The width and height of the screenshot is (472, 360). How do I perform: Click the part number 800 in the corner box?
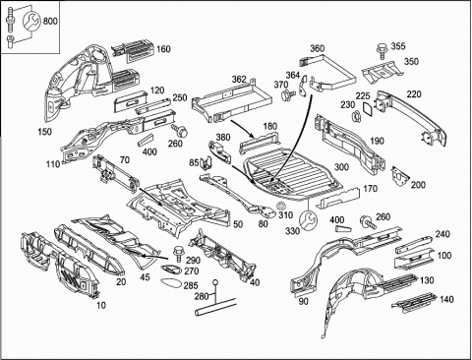click(x=50, y=22)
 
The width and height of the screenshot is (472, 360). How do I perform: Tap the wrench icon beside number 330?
click(x=309, y=220)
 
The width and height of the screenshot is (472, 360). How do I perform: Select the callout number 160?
click(x=163, y=49)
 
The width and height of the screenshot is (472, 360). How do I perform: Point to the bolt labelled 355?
click(x=382, y=50)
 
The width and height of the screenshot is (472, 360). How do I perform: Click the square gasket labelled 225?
click(x=368, y=109)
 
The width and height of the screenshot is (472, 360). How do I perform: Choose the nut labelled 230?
click(x=356, y=117)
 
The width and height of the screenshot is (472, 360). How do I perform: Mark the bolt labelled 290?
click(x=179, y=253)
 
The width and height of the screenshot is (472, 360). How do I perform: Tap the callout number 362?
click(x=239, y=80)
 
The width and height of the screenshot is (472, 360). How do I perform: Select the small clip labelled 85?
click(x=206, y=163)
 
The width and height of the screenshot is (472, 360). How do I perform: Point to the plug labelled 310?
click(x=281, y=206)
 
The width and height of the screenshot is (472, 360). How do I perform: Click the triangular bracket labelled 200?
click(x=400, y=176)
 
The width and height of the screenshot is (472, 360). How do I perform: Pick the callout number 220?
click(x=414, y=94)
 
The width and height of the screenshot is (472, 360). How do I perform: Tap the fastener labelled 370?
click(x=285, y=95)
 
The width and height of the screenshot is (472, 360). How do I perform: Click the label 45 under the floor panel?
click(x=145, y=277)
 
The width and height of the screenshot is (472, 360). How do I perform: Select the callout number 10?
click(x=101, y=305)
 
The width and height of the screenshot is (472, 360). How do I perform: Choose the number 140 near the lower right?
click(x=446, y=299)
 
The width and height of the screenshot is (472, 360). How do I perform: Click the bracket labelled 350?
click(x=382, y=73)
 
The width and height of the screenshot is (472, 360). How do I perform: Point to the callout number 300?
click(x=341, y=167)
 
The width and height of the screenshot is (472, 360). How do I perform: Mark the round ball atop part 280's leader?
click(x=215, y=282)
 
